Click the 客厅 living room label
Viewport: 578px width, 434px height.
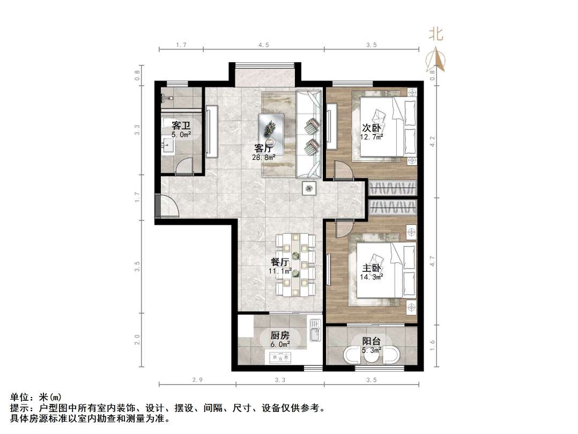coord(263,148)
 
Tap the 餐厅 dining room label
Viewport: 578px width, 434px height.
coord(280,262)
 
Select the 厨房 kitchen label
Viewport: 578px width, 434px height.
coord(279,335)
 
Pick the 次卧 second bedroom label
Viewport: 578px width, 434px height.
coord(372,128)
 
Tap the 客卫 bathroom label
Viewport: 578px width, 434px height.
coord(181,126)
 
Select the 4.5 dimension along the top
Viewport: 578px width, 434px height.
coord(263,45)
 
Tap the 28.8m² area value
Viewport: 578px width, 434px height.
coord(264,157)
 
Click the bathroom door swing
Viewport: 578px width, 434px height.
coord(184,166)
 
